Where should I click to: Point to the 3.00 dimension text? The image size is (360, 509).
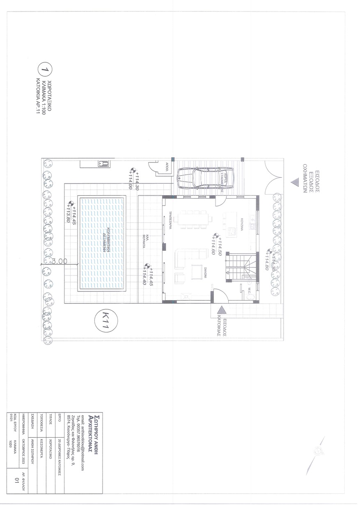coord(60,261)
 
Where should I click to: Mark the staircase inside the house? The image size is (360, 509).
coord(241,267)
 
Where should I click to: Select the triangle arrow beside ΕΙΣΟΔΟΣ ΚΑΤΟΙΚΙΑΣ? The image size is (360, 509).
coord(221,311)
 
